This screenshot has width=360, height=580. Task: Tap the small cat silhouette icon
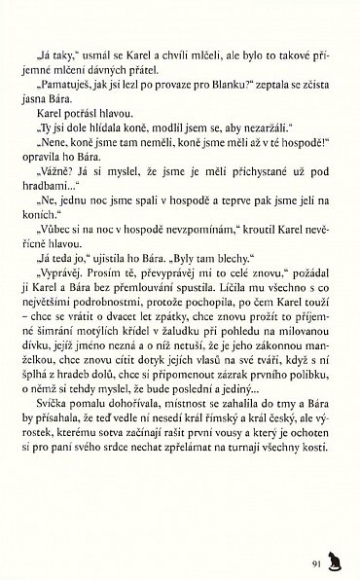335,558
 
